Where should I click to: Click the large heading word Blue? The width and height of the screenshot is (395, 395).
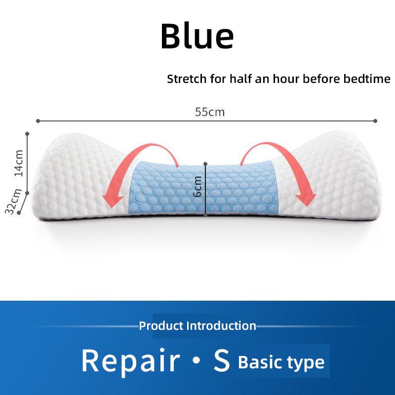click(197, 36)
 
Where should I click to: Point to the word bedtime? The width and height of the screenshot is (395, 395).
click(368, 79)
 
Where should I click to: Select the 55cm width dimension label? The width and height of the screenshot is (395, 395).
click(210, 112)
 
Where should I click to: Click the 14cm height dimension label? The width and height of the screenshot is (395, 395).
click(19, 163)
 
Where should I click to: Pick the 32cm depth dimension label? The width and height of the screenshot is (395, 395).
click(12, 201)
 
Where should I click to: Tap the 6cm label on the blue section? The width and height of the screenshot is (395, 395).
click(197, 187)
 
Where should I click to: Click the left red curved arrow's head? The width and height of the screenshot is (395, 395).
click(112, 199)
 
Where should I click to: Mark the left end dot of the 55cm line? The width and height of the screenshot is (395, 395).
click(38, 120)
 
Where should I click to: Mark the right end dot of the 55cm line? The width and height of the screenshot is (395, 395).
click(376, 120)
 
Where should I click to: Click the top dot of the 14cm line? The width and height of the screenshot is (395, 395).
click(27, 133)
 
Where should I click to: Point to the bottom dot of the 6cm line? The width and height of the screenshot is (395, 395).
click(205, 215)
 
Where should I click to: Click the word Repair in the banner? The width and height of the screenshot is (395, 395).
click(130, 360)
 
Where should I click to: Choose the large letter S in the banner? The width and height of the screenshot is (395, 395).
click(222, 360)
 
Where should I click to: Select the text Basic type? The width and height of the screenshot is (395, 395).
click(281, 362)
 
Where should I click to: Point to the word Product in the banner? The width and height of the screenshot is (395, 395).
click(161, 326)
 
